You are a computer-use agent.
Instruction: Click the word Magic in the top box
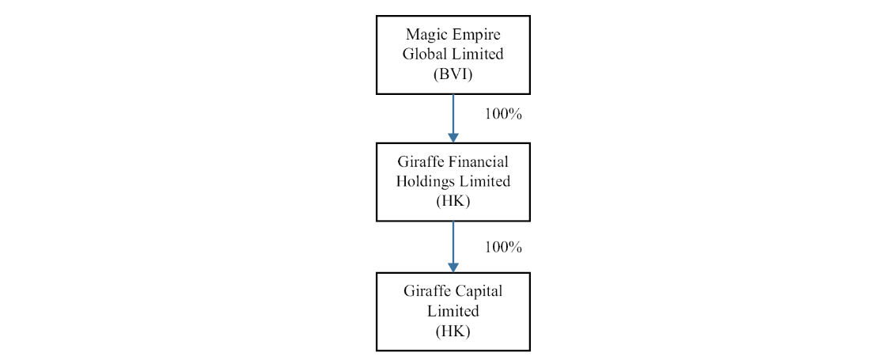[x=424, y=35]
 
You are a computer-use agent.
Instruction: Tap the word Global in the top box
[x=426, y=55]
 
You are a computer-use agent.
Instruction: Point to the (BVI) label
[x=453, y=75]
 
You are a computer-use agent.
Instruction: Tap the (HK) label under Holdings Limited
[x=453, y=201]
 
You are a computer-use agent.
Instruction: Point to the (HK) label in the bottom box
[x=453, y=331]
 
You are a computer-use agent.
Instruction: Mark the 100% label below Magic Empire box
[x=503, y=114]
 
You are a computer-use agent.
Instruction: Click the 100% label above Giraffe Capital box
[x=503, y=248]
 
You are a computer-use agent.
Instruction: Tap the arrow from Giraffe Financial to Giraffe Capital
[x=453, y=245]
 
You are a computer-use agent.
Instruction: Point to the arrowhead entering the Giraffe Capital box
[x=453, y=267]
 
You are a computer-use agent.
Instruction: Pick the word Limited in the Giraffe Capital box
[x=453, y=311]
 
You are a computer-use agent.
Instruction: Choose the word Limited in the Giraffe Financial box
[x=483, y=181]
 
